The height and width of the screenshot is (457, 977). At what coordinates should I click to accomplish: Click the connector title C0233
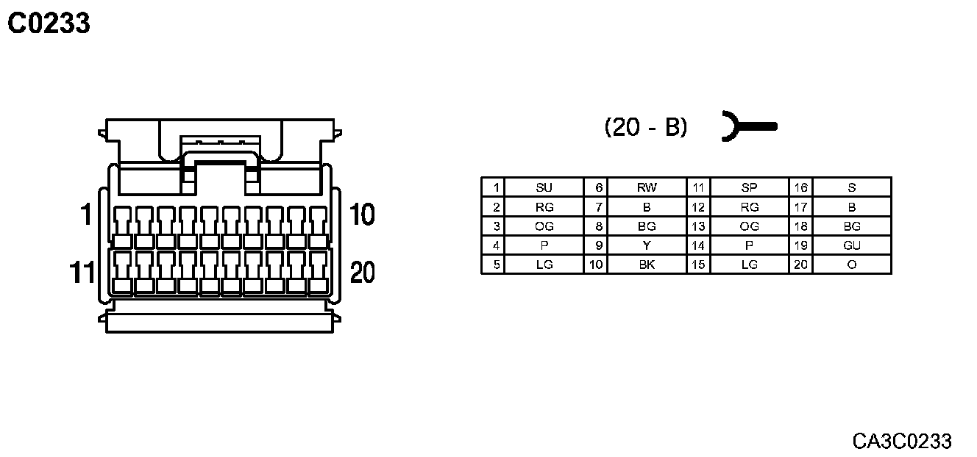pos(49,24)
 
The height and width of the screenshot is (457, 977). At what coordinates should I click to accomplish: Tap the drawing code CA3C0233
pos(902,441)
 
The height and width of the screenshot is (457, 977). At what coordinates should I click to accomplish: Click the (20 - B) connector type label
pos(646,127)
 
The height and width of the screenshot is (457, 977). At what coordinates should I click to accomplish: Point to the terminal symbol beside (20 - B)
pos(747,127)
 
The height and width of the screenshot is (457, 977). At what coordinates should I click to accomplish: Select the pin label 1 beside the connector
pos(85,215)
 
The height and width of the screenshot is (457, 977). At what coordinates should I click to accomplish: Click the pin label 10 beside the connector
pos(362,215)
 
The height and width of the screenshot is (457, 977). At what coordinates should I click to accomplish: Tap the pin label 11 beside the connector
pos(82,273)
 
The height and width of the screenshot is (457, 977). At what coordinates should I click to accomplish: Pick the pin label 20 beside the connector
pos(362,273)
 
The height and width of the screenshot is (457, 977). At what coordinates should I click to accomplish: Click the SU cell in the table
pos(544,187)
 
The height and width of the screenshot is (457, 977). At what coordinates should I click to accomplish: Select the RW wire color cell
pos(646,187)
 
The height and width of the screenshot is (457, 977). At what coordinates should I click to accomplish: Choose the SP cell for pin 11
pos(749,187)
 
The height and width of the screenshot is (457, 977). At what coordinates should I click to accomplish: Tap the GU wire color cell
pos(851,245)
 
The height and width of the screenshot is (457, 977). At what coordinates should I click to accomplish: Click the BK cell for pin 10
pos(646,265)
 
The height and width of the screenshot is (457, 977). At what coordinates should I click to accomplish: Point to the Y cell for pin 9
pos(646,245)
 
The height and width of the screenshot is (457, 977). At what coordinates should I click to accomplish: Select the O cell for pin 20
pos(851,265)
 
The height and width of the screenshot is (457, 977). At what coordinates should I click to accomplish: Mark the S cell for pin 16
pos(851,187)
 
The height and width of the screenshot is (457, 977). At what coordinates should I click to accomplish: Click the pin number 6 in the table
pos(599,187)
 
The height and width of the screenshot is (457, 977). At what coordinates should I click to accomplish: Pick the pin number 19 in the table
pos(800,245)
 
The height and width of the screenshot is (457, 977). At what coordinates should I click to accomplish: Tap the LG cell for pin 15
pos(749,265)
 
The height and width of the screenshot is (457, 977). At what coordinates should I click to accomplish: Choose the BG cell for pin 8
pos(646,226)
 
